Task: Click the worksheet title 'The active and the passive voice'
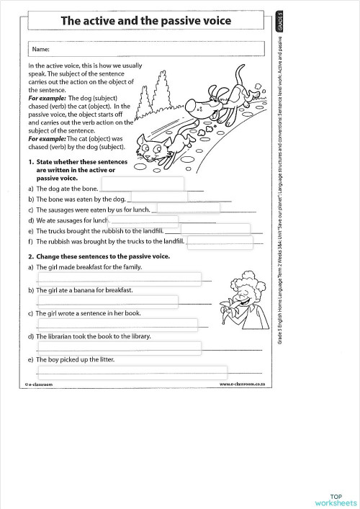pos(145,21)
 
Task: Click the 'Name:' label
pos(40,50)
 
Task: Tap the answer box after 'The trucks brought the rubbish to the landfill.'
pos(207,230)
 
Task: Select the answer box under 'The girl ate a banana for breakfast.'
pos(107,301)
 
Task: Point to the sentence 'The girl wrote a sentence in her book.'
pos(89,314)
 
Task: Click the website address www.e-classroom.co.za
pos(243,384)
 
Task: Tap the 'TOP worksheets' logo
pos(336,499)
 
